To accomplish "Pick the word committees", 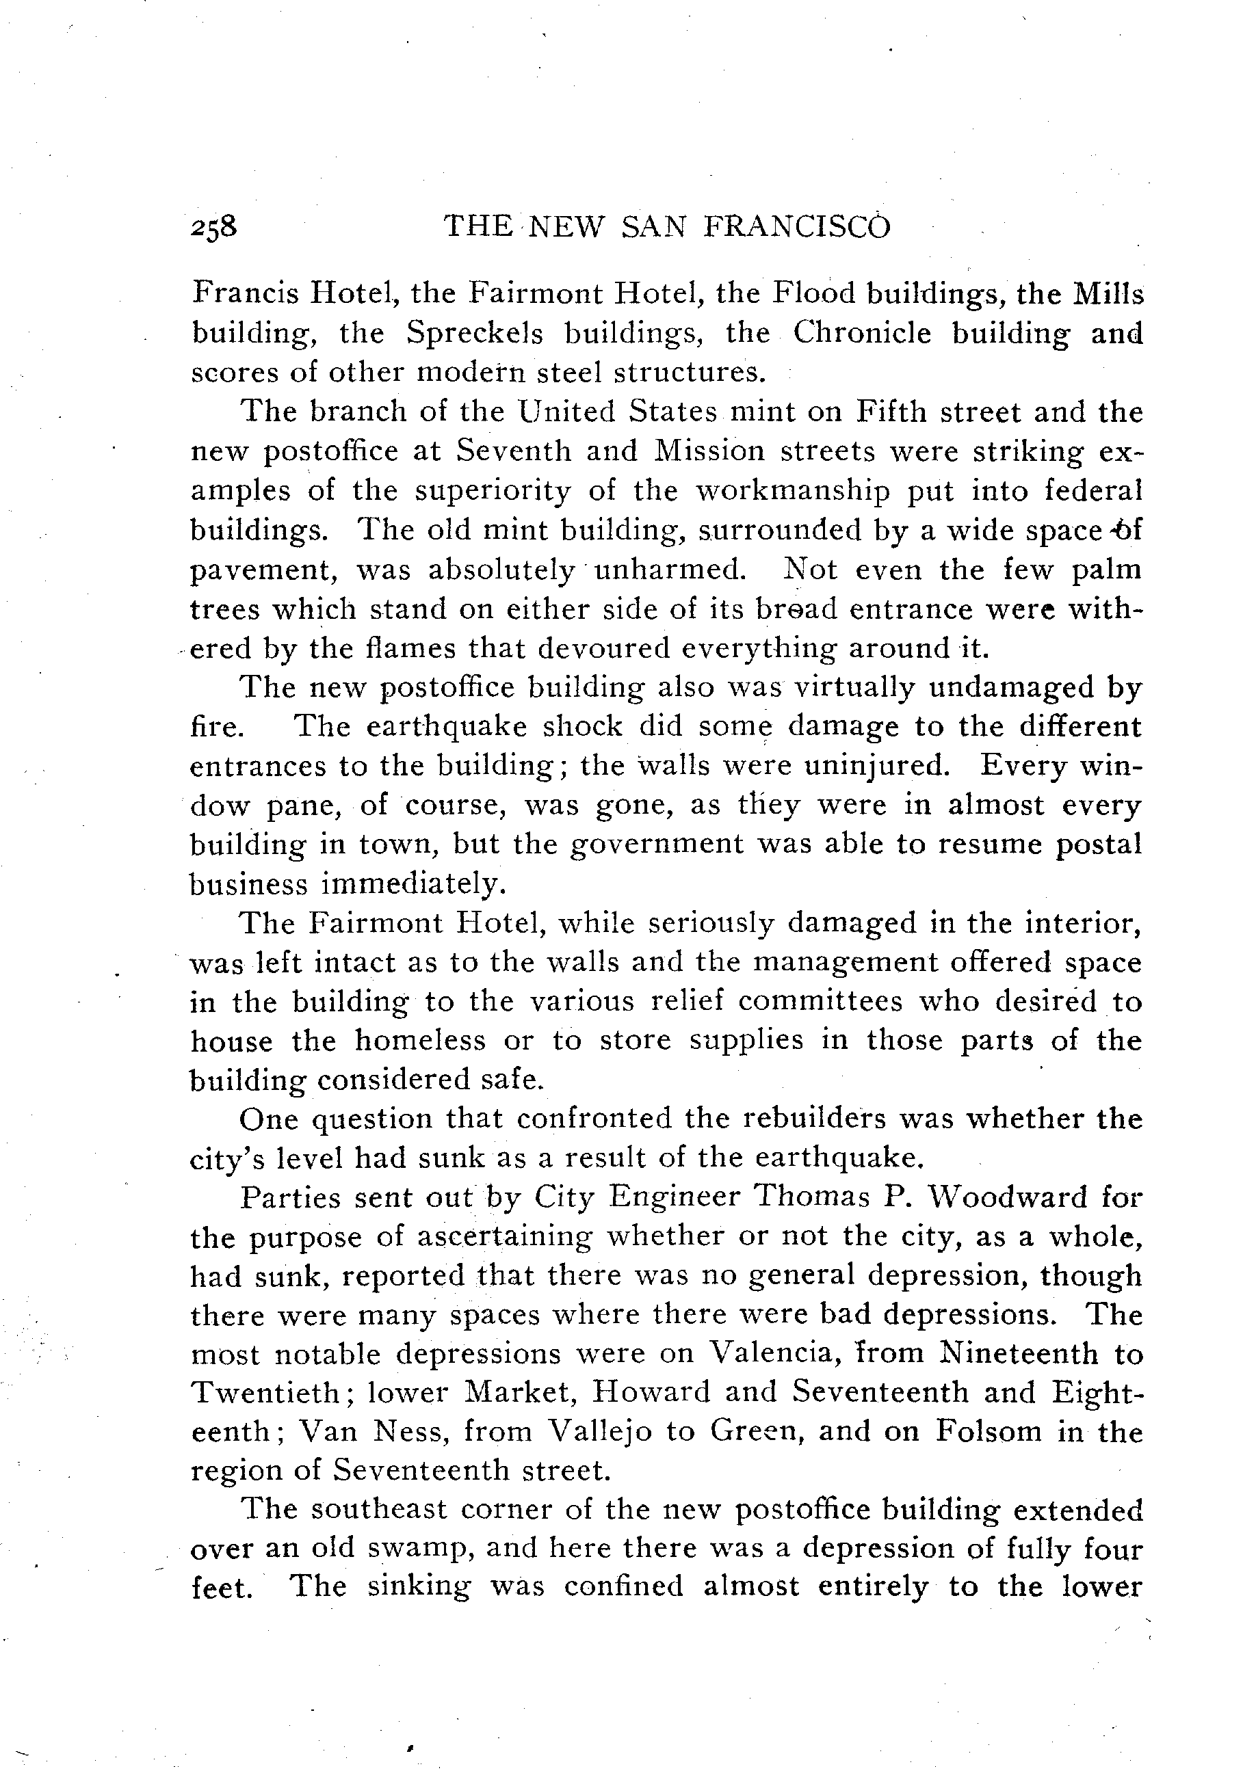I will [x=820, y=1002].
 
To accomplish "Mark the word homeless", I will [x=420, y=1041].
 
